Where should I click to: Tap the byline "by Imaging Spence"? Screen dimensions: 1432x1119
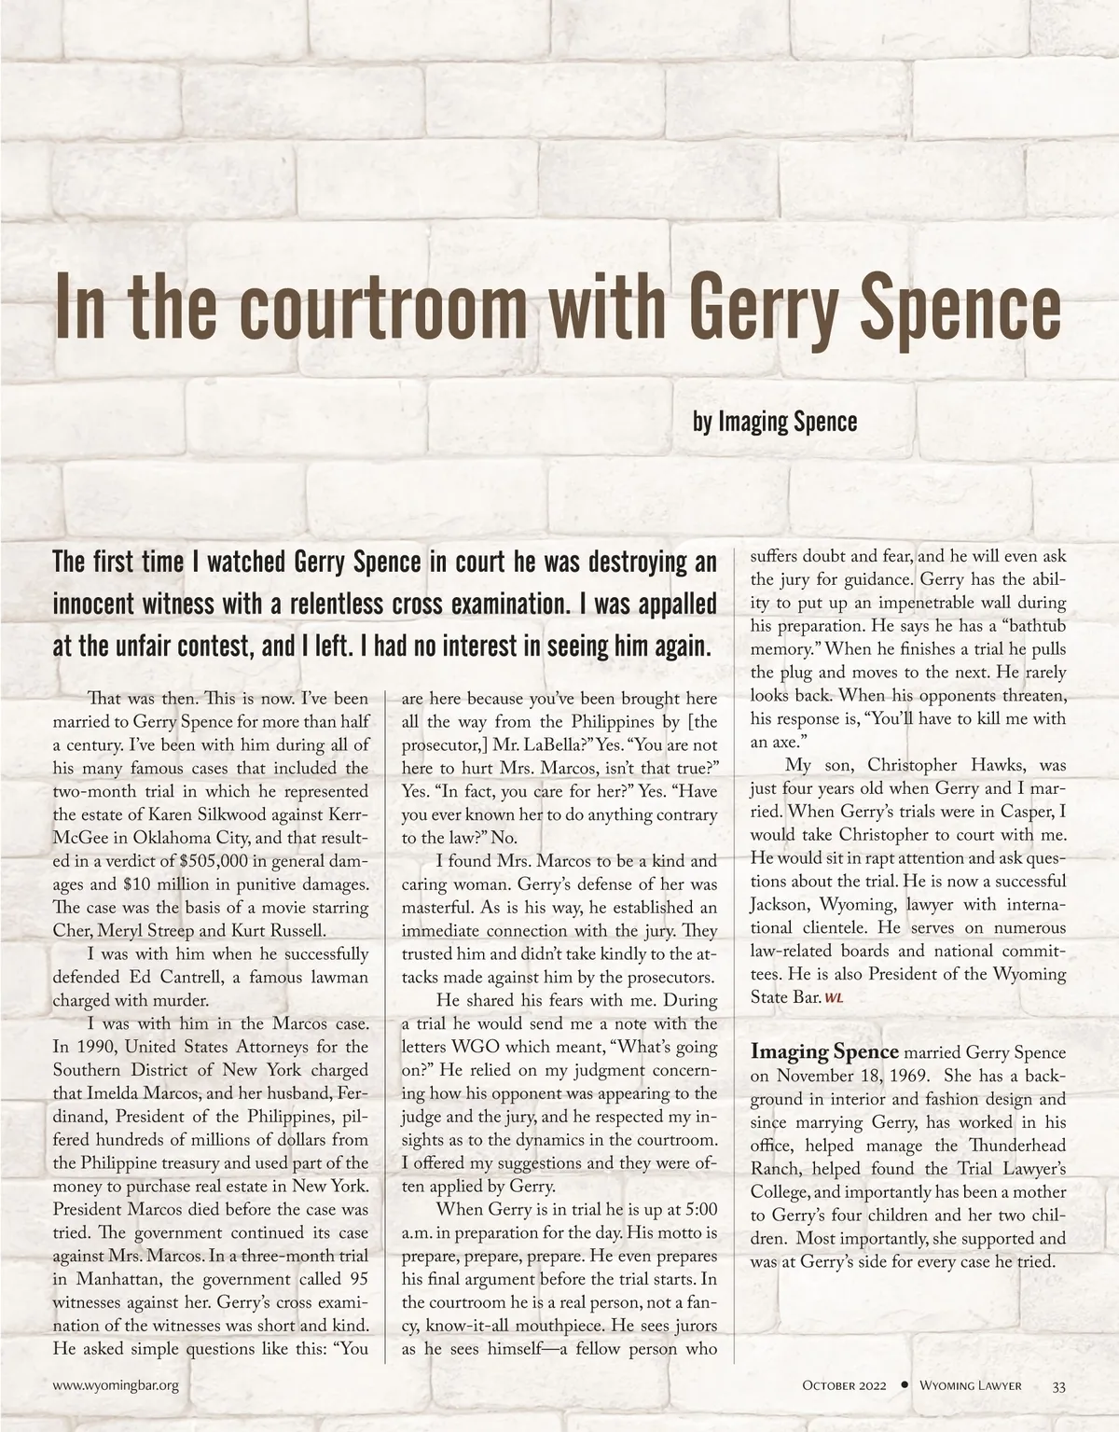(774, 422)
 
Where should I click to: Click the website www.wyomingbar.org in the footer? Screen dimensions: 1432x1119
(116, 1385)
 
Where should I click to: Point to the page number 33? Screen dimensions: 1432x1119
(1059, 1385)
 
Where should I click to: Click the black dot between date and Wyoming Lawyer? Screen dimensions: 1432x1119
(904, 1384)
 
